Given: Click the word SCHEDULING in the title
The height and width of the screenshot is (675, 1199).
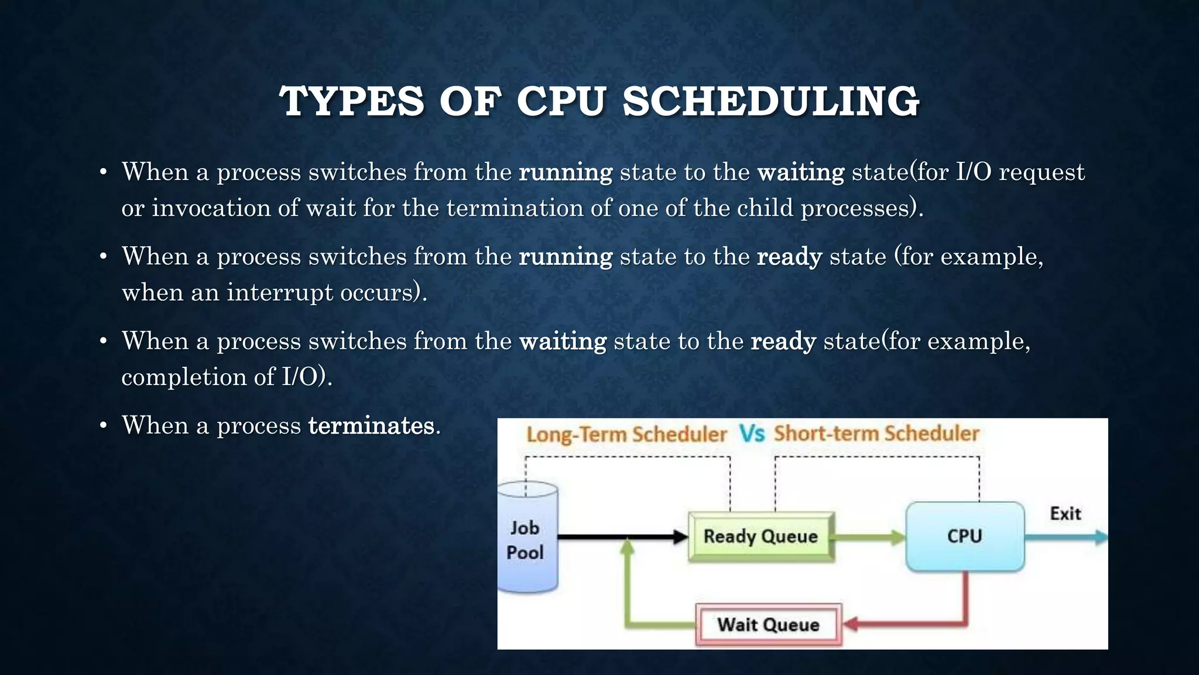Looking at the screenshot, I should pyautogui.click(x=770, y=102).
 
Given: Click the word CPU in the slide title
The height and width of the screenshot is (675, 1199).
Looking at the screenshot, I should pyautogui.click(x=560, y=102).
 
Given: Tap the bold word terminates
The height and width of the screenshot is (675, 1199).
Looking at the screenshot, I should pyautogui.click(x=371, y=426).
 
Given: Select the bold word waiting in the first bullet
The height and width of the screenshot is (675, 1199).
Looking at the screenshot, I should pyautogui.click(x=800, y=173).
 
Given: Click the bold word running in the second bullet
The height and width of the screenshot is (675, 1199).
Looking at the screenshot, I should pyautogui.click(x=565, y=257).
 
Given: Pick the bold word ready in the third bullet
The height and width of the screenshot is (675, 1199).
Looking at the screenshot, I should pyautogui.click(x=783, y=342).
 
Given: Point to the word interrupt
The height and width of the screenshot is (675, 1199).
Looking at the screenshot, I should pyautogui.click(x=280, y=292).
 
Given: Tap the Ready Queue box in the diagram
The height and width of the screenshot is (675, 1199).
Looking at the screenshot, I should pyautogui.click(x=760, y=536).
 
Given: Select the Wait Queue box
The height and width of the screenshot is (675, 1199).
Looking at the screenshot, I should pyautogui.click(x=768, y=625).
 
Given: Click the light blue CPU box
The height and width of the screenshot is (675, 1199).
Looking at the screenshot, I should pyautogui.click(x=964, y=536).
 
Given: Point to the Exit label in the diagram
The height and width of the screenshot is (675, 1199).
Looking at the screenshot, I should pyautogui.click(x=1065, y=514).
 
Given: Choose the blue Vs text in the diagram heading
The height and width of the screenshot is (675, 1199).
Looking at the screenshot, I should pyautogui.click(x=751, y=434).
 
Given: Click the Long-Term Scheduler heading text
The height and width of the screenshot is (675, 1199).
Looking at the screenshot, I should pyautogui.click(x=626, y=435).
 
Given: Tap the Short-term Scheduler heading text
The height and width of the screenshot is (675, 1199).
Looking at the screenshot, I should pyautogui.click(x=876, y=434).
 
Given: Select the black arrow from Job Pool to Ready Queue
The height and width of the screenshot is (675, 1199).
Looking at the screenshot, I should pyautogui.click(x=621, y=536).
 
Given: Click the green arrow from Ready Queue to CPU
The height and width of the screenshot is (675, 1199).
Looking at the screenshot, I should pyautogui.click(x=869, y=537).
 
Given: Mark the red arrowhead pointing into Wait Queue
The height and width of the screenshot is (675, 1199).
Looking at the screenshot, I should pyautogui.click(x=851, y=624).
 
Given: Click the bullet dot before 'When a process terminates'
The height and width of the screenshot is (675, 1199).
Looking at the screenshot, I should pyautogui.click(x=103, y=426).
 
